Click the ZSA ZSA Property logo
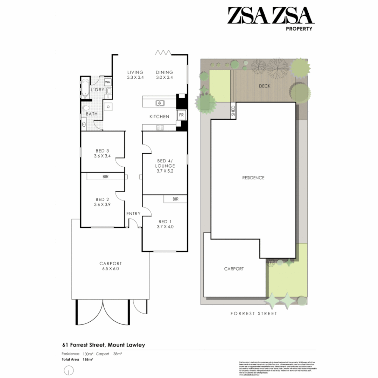(269, 19)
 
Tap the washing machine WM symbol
(108, 82)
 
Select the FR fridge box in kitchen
(181, 115)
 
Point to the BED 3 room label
(102, 151)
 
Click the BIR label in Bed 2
(105, 177)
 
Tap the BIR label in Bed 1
(175, 199)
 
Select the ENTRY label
(133, 213)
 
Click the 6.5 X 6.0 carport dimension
(110, 269)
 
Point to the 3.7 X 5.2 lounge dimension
(166, 171)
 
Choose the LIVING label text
(135, 72)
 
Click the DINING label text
(164, 72)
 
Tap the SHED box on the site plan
(233, 111)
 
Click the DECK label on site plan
(264, 86)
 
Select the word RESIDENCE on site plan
(253, 178)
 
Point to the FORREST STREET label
(253, 314)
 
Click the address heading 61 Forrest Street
(104, 345)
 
